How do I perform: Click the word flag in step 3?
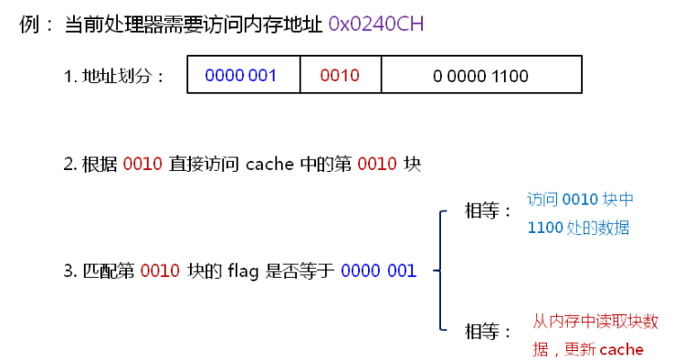(x=240, y=270)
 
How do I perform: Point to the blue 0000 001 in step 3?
(x=378, y=270)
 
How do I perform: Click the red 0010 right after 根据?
(x=142, y=164)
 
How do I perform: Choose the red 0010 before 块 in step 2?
(x=376, y=164)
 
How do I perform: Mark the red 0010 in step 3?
(x=160, y=270)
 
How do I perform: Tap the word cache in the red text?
(x=621, y=349)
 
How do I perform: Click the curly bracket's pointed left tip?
(x=434, y=270)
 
